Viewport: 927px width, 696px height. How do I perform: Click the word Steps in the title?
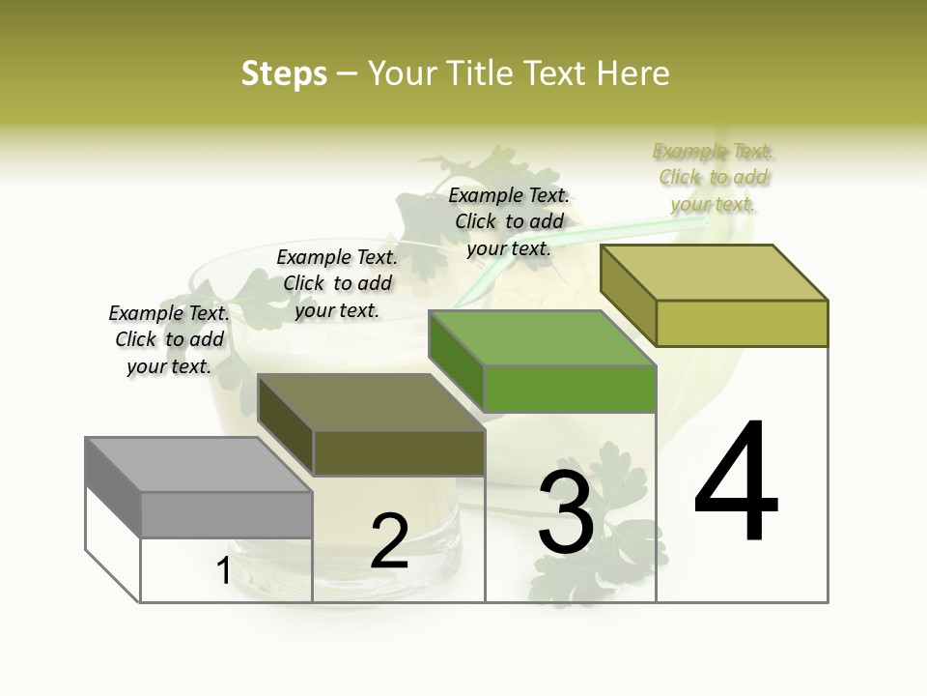click(283, 73)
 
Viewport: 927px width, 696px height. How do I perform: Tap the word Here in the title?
click(632, 73)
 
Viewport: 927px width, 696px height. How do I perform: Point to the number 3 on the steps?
click(565, 512)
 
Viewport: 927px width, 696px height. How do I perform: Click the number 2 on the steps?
click(389, 541)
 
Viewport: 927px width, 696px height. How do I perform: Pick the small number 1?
click(223, 570)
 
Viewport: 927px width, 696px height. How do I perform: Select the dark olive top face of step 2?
click(372, 401)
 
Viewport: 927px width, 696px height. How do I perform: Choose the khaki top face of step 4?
click(715, 273)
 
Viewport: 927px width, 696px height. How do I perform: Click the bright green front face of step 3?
click(570, 389)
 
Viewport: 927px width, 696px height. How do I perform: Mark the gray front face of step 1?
click(227, 514)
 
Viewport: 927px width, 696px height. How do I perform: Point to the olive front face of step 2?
click(399, 452)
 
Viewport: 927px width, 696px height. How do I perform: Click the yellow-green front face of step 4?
click(742, 323)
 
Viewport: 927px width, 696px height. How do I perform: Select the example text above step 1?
click(169, 339)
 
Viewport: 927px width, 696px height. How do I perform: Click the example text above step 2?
click(337, 283)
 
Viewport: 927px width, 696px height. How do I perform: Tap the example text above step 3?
click(509, 221)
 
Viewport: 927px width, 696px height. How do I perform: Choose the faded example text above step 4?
click(714, 177)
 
